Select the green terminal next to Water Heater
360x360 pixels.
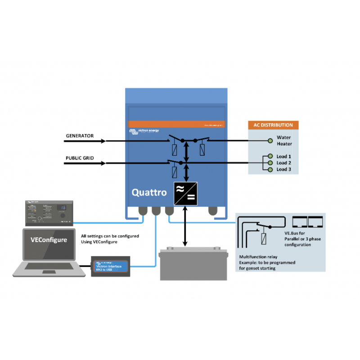(x=270, y=141)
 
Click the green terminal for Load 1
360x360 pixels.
(x=270, y=156)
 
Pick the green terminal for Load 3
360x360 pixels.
(x=270, y=169)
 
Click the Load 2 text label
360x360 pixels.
(x=284, y=162)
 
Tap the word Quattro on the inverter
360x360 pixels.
(x=149, y=192)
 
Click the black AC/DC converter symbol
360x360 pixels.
(x=185, y=194)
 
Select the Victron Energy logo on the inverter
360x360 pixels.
(x=144, y=131)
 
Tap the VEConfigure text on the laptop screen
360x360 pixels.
(x=49, y=240)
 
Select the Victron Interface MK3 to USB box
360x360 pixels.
(x=111, y=267)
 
